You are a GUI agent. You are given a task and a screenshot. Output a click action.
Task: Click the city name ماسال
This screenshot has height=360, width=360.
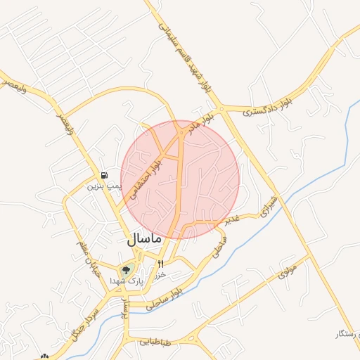pos(146,238)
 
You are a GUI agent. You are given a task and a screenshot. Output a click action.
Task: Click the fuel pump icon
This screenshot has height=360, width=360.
pos(105,175)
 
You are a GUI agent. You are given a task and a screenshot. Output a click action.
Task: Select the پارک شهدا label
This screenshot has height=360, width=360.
pos(126,280)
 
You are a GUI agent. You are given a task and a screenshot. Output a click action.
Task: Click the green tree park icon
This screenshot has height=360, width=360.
pos(127,269)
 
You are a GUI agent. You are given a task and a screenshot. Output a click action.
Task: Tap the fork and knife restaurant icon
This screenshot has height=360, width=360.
pos(161,264)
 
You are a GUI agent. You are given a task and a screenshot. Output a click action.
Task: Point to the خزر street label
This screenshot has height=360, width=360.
pos(160,275)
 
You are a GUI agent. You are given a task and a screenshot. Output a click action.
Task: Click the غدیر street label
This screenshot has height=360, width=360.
pos(233,219)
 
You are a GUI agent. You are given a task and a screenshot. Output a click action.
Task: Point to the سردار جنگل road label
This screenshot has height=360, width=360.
pos(82,323)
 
